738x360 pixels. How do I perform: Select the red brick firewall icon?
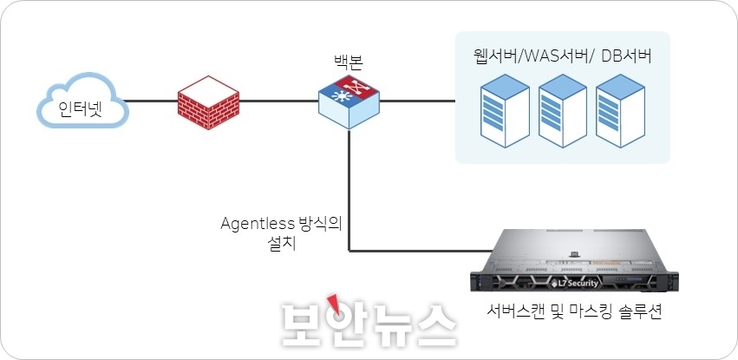[x=207, y=102]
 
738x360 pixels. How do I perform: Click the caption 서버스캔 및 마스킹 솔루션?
[x=569, y=311]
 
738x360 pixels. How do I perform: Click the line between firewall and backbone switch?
[x=278, y=102]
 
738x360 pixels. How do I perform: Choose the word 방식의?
[x=320, y=224]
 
